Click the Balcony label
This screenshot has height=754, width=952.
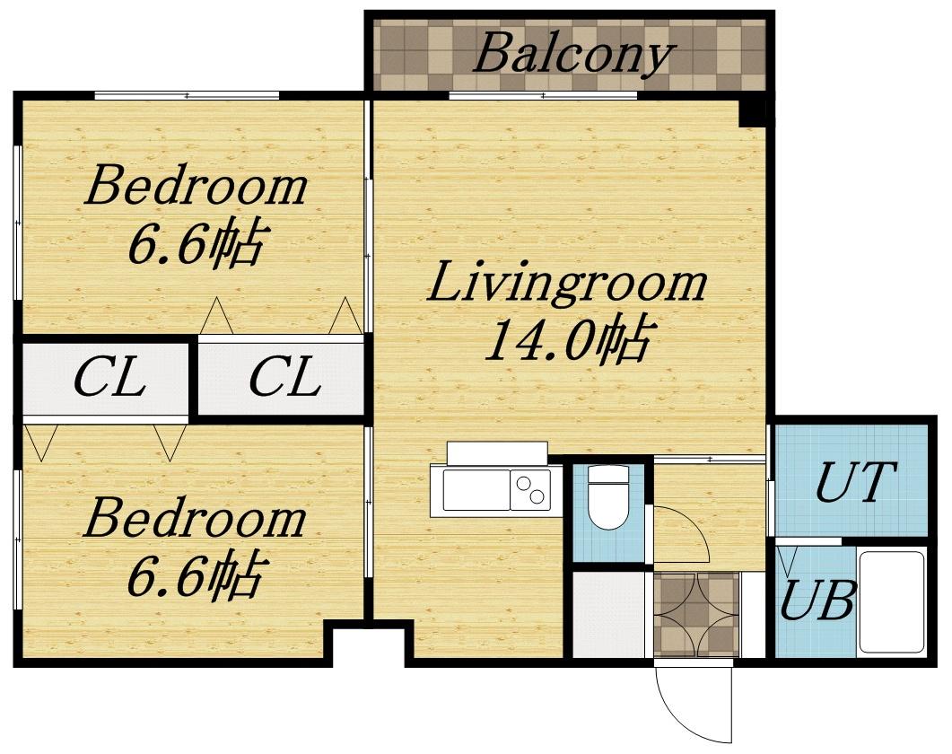click(x=573, y=55)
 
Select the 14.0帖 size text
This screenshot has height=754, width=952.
click(x=568, y=338)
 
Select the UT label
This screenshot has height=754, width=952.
click(x=855, y=481)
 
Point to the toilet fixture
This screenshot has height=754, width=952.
click(x=607, y=497)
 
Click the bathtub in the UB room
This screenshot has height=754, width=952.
click(x=891, y=602)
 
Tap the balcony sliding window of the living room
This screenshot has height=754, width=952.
click(x=544, y=95)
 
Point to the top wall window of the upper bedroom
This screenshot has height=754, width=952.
click(x=187, y=95)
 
